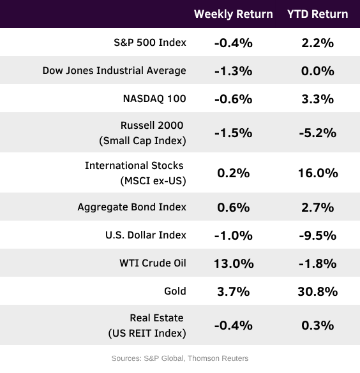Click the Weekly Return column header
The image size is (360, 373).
coord(234,14)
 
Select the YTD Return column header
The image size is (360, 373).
coord(318,14)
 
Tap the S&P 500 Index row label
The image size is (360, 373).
coord(150,43)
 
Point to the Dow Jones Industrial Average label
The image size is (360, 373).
coord(114,71)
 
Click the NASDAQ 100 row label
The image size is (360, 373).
coord(154,99)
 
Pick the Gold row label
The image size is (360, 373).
coord(175,291)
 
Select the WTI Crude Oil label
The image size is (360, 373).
coord(153,263)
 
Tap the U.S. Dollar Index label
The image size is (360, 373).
coord(146,235)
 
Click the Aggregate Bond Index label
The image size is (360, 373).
coord(131,207)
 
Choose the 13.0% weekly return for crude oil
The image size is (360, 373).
coord(234,263)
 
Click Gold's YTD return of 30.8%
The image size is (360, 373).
coord(318,291)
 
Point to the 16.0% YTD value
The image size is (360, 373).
coord(318,173)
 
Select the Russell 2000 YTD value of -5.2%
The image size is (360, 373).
coord(318,133)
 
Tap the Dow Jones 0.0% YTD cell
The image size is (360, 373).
coord(318,71)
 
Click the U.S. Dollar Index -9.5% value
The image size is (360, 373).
coord(318,235)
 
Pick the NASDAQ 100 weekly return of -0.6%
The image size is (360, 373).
coord(234,99)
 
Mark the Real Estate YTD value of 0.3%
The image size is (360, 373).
coord(318,325)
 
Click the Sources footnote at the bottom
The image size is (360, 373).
coord(180,358)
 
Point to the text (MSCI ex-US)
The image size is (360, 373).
coord(153,181)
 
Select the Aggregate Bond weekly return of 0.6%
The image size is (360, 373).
coord(234,207)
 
